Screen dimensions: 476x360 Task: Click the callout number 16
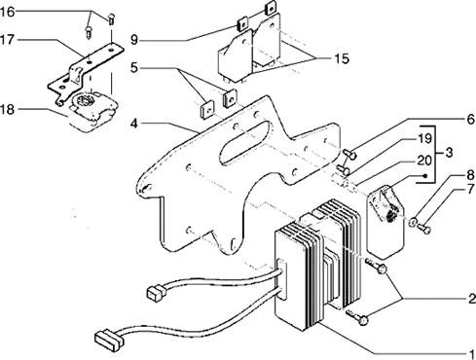[x=8, y=13]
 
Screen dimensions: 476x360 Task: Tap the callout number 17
[x=8, y=40]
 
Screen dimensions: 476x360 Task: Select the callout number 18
[x=8, y=109]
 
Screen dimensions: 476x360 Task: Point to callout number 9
[x=134, y=40]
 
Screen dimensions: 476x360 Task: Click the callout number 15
[x=342, y=58]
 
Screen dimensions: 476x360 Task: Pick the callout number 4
[x=134, y=124]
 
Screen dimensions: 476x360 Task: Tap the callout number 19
[x=424, y=139]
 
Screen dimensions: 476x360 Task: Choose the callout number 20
[x=424, y=161]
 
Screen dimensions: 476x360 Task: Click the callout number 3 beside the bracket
[x=450, y=153]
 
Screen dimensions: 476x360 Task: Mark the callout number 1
[x=471, y=353]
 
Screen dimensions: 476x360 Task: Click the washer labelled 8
[x=413, y=222]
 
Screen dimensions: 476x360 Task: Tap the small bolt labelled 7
[x=424, y=229]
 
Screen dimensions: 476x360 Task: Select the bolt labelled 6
[x=349, y=153]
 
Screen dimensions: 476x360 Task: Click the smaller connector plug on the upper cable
[x=157, y=293]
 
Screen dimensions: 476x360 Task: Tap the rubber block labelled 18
[x=92, y=112]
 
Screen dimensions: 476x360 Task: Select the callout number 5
[x=134, y=68]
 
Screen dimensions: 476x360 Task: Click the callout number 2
[x=471, y=299]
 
